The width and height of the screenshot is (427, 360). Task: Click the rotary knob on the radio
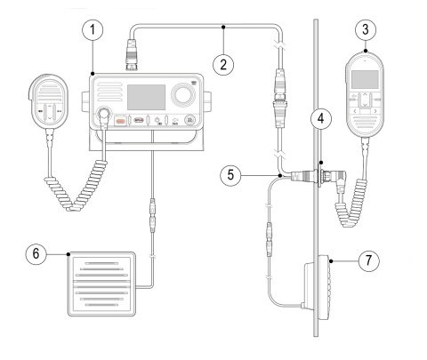pyautogui.click(x=184, y=95)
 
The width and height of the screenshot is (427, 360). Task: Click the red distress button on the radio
pyautogui.click(x=117, y=121)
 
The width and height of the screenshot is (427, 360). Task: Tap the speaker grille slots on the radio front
pyautogui.click(x=105, y=93)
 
